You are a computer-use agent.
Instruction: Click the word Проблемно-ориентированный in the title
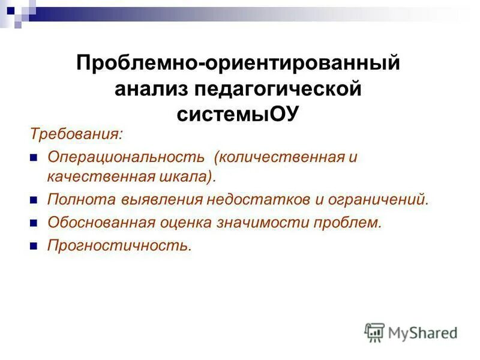[x=238, y=63]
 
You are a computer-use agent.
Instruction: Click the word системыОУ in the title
[x=238, y=114]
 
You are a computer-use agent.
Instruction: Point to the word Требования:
[x=75, y=133]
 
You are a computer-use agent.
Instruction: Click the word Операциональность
[x=127, y=157]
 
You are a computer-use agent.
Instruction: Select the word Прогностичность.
[x=119, y=245]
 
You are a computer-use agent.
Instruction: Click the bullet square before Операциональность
[x=34, y=157]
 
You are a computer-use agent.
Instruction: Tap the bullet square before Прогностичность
[x=34, y=246]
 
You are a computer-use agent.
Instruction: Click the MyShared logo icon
[x=374, y=332]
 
